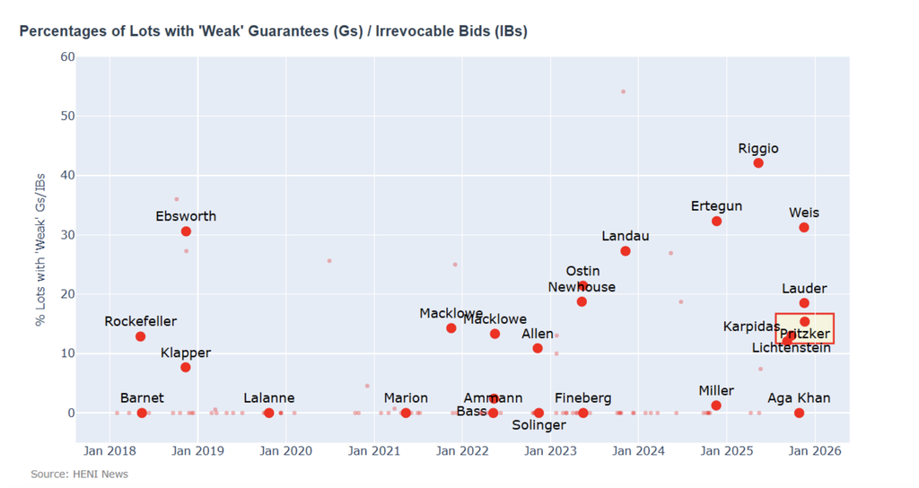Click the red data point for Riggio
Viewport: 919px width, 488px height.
758,163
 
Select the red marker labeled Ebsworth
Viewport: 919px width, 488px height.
186,231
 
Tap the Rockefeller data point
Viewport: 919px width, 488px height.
141,336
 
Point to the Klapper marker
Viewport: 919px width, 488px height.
186,368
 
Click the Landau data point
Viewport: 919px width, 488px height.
626,251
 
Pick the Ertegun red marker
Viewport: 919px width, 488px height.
716,221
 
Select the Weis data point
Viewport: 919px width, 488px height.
804,228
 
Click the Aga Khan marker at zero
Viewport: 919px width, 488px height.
799,413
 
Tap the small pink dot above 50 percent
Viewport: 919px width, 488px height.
623,91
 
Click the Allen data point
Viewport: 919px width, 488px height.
538,348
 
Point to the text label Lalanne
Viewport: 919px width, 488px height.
268,398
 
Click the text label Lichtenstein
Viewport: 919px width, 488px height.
791,347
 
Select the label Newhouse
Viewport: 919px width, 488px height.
582,287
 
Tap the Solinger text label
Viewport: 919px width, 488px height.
538,425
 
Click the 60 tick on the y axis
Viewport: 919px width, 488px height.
67,57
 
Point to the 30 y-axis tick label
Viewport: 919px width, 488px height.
67,235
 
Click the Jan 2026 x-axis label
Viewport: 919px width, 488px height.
814,450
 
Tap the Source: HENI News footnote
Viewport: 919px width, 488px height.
79,474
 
